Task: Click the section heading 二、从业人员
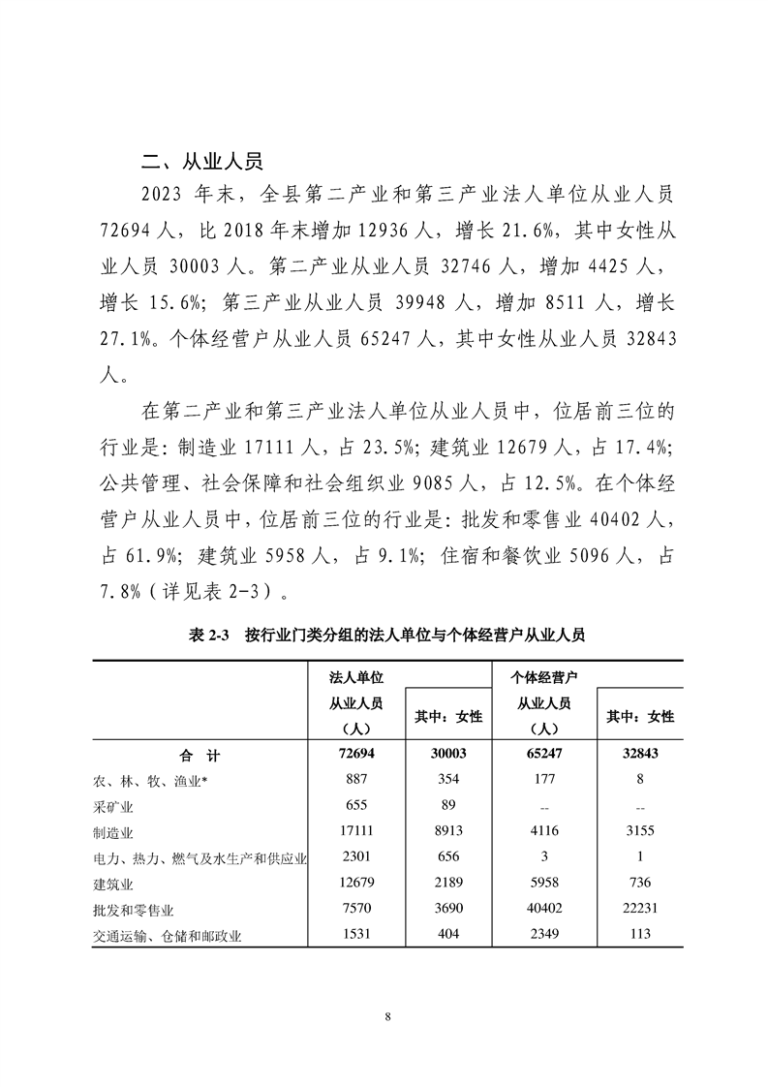click(x=202, y=161)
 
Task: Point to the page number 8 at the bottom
click(x=387, y=1016)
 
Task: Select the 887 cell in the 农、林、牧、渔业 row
click(x=352, y=779)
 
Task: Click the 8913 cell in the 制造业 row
click(x=448, y=830)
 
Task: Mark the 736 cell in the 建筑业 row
click(x=639, y=883)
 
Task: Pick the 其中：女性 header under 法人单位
click(x=448, y=716)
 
